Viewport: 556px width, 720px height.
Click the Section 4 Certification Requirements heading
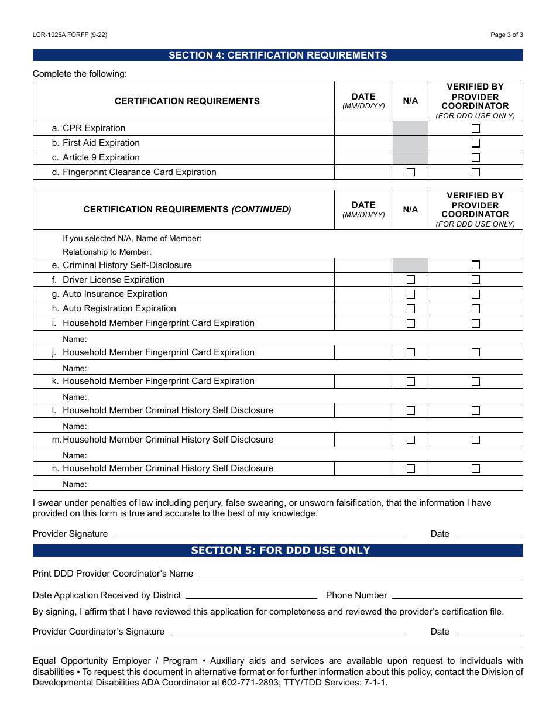coord(277,55)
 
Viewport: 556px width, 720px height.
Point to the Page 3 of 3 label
coord(506,35)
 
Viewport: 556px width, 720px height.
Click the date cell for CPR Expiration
coord(363,128)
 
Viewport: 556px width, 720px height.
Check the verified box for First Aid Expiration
coord(476,143)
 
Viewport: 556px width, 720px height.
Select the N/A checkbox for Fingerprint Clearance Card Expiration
coord(411,172)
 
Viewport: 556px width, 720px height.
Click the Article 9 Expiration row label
coord(101,157)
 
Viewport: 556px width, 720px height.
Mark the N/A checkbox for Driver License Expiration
coord(411,280)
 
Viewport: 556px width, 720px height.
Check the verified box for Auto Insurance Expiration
coord(476,294)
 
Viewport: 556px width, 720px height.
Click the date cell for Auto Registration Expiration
coord(363,308)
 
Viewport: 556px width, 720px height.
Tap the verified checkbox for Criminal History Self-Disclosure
coord(476,265)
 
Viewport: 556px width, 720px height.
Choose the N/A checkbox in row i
coord(411,323)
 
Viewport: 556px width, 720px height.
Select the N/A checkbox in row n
coord(411,468)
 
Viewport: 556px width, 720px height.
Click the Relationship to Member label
coord(107,252)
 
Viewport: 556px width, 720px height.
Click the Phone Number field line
coord(457,595)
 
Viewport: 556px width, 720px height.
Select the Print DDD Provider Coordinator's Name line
coord(361,573)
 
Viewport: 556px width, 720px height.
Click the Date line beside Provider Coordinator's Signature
coord(488,631)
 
